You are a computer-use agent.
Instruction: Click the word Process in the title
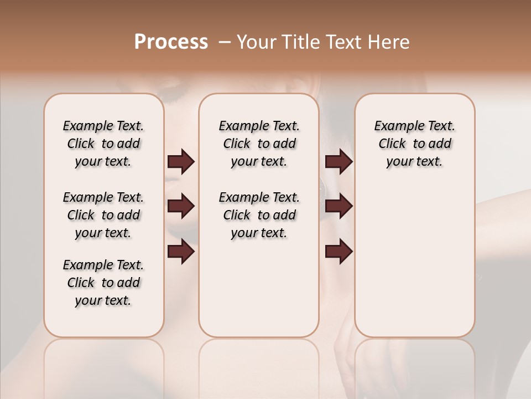pyautogui.click(x=171, y=42)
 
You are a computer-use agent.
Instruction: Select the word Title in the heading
pyautogui.click(x=299, y=42)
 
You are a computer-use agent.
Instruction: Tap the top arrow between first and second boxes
pyautogui.click(x=181, y=162)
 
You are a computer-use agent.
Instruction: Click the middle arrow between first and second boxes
pyautogui.click(x=181, y=207)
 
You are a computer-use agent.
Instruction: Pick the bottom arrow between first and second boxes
pyautogui.click(x=181, y=252)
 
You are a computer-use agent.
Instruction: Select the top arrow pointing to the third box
pyautogui.click(x=339, y=162)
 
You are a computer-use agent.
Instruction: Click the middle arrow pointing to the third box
pyautogui.click(x=339, y=207)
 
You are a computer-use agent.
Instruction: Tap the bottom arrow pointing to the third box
pyautogui.click(x=339, y=252)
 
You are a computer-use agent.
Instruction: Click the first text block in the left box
pyautogui.click(x=103, y=144)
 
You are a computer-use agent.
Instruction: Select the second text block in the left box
pyautogui.click(x=103, y=215)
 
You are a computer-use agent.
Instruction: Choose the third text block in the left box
pyautogui.click(x=103, y=283)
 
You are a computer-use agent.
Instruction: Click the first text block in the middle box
pyautogui.click(x=259, y=144)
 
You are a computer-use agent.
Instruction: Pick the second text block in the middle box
pyautogui.click(x=259, y=215)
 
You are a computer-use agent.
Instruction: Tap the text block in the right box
pyautogui.click(x=414, y=144)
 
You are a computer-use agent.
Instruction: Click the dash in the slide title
pyautogui.click(x=225, y=43)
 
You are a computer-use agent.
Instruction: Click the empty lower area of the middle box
pyautogui.click(x=259, y=288)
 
